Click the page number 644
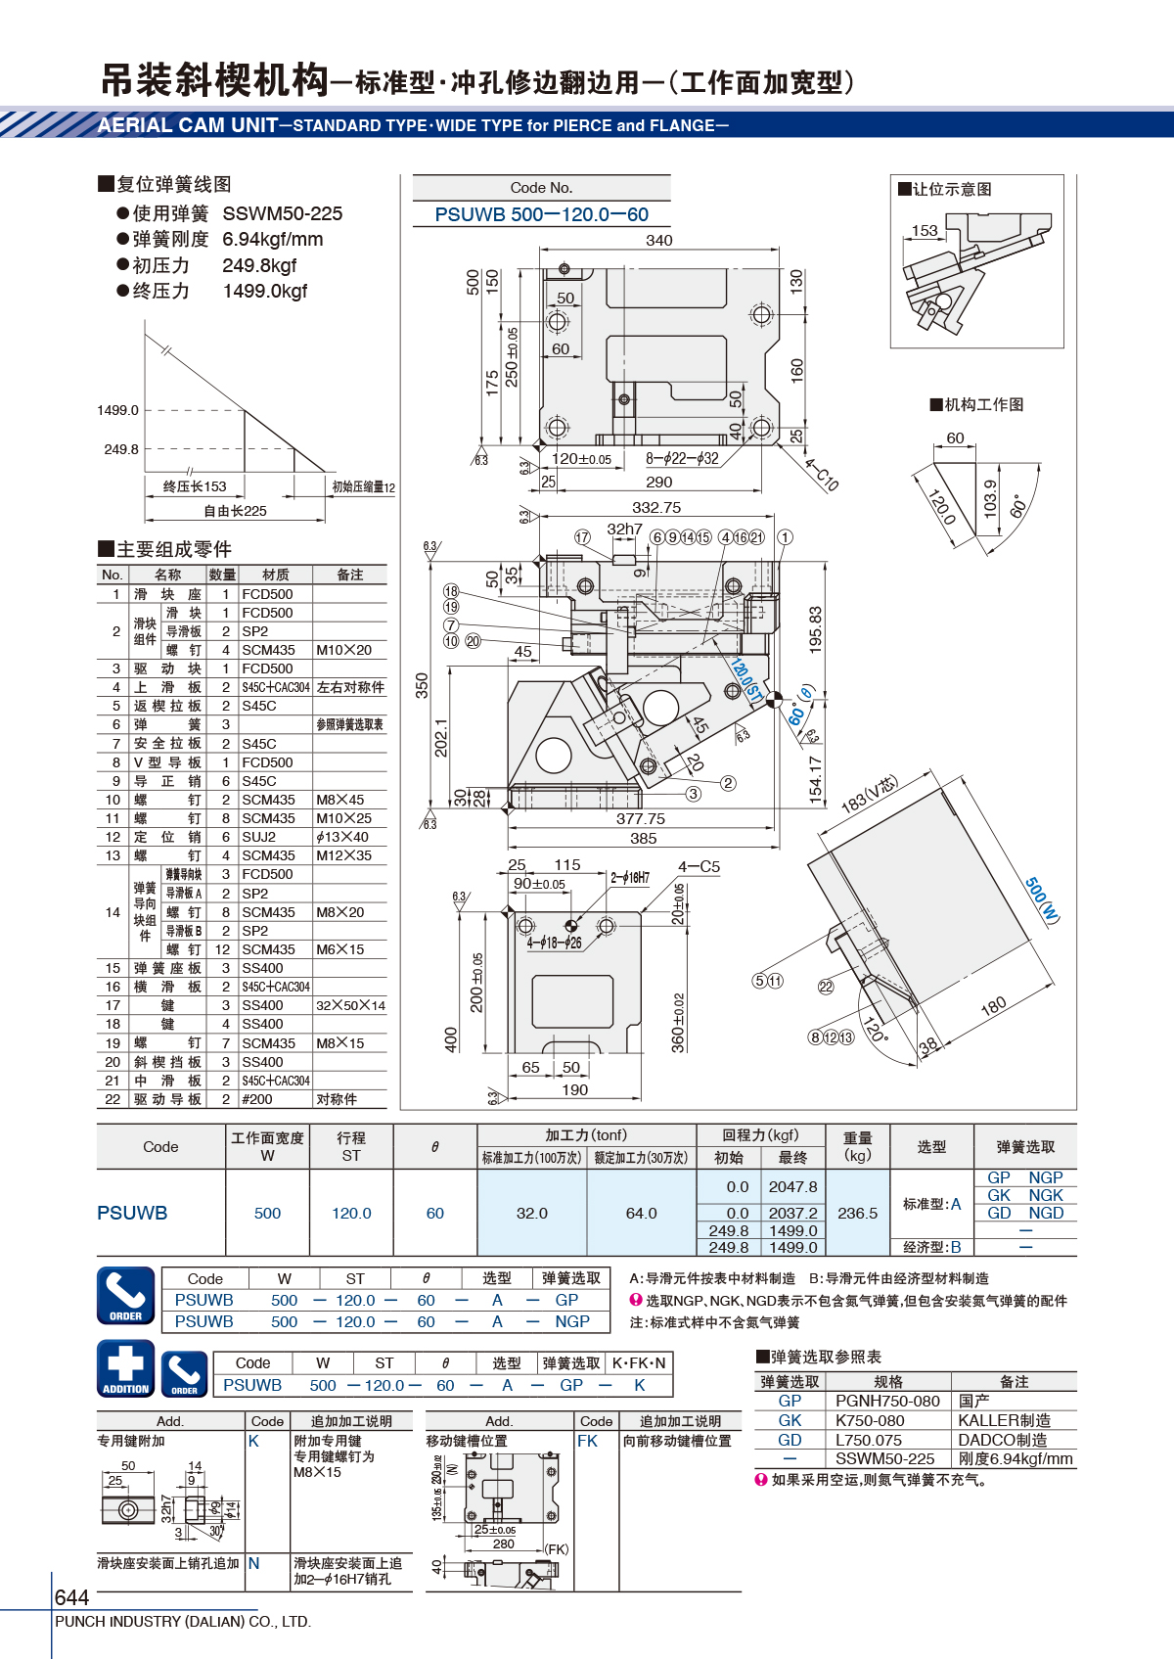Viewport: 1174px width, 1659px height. click(x=71, y=1596)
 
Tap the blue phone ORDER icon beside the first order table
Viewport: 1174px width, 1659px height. click(x=126, y=1295)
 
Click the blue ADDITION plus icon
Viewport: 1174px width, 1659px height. click(x=126, y=1368)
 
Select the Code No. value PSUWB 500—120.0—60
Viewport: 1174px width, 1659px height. click(x=541, y=214)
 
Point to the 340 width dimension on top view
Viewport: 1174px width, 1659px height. click(x=658, y=240)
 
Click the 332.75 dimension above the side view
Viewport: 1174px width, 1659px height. click(x=656, y=507)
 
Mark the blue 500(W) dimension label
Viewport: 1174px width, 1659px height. click(x=1042, y=899)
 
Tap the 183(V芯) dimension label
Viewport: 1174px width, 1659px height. click(x=871, y=795)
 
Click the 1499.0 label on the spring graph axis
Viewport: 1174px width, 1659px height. click(x=117, y=410)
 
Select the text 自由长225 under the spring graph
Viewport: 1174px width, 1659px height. click(x=235, y=510)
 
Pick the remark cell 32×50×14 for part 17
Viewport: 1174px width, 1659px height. click(x=350, y=1005)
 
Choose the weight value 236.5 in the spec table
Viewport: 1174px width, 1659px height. click(x=857, y=1213)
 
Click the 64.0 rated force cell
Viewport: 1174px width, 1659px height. click(x=641, y=1213)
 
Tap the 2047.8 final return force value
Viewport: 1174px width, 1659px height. click(x=792, y=1186)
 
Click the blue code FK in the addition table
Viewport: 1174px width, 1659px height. click(x=587, y=1441)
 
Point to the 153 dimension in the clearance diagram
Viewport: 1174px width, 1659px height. click(x=925, y=230)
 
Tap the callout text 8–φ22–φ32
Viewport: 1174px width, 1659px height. click(x=682, y=458)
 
